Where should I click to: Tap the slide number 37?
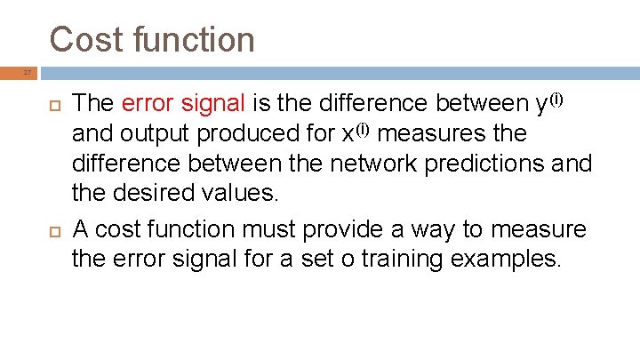(28, 72)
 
